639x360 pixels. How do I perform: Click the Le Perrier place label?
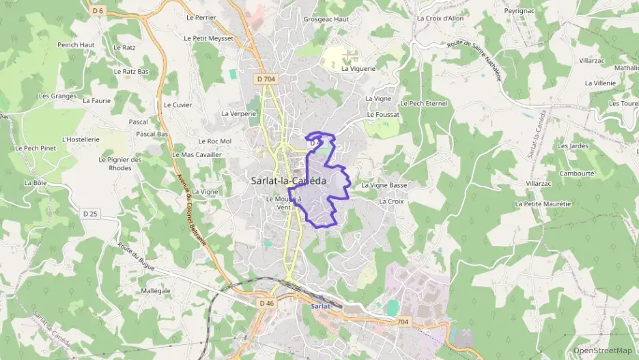coord(201,17)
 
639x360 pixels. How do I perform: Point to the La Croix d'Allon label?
coord(440,18)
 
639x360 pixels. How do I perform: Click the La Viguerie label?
coord(358,69)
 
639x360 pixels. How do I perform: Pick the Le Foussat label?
coord(382,114)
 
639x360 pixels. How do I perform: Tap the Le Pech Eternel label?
coord(423,103)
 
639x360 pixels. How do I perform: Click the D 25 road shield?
coord(91,214)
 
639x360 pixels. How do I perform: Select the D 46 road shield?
coord(266,302)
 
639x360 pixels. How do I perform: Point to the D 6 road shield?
coord(98,11)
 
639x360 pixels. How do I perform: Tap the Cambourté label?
coord(577,174)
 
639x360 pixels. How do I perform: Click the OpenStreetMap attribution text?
coord(602,350)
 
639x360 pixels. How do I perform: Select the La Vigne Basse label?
coord(384,185)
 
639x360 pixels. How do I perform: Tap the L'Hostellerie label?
coord(81,139)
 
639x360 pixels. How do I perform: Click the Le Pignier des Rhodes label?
coord(119,164)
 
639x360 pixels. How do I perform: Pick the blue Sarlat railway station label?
coord(320,306)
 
